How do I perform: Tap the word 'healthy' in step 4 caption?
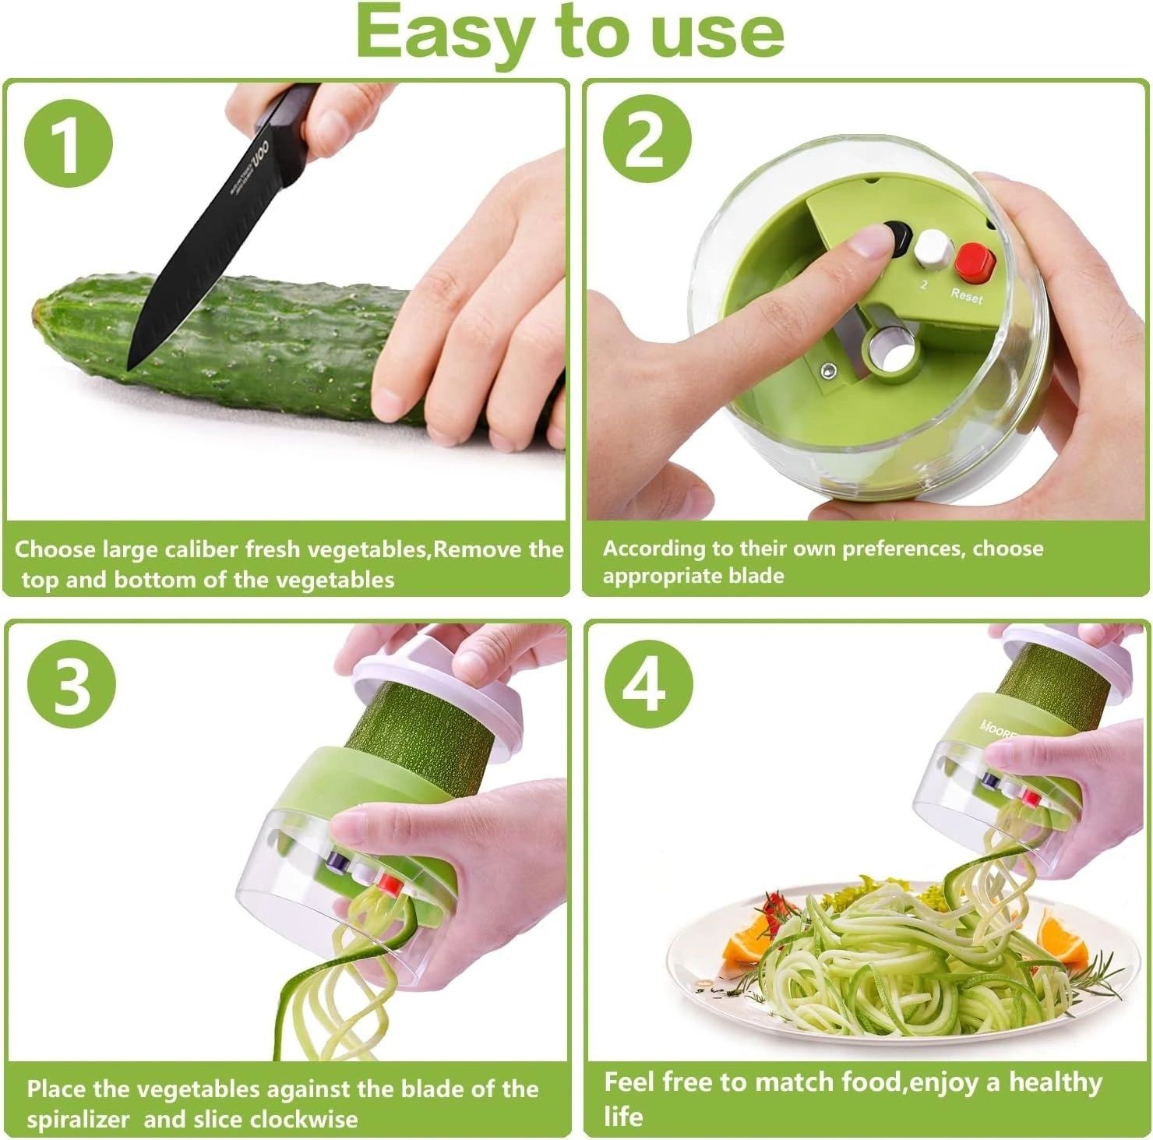[x=1056, y=1083]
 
